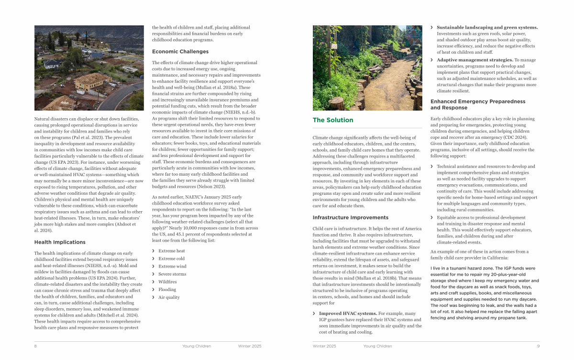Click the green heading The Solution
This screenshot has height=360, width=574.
(333, 120)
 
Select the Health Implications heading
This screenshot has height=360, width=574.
(60, 242)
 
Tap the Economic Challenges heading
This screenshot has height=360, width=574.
(180, 52)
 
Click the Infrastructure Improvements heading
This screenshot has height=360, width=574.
(343, 217)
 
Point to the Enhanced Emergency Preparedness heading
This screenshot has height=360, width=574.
(471, 104)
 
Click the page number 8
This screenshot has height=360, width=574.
(35, 346)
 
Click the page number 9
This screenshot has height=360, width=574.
(538, 346)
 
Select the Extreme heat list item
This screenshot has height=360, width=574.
(172, 251)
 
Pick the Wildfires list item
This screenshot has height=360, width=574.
(168, 282)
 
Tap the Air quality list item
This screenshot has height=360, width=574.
(169, 297)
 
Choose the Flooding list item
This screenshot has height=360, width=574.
(167, 290)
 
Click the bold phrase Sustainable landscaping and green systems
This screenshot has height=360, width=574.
(487, 27)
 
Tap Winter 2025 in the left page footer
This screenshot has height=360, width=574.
(250, 346)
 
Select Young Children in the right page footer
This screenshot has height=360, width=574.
(377, 346)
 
